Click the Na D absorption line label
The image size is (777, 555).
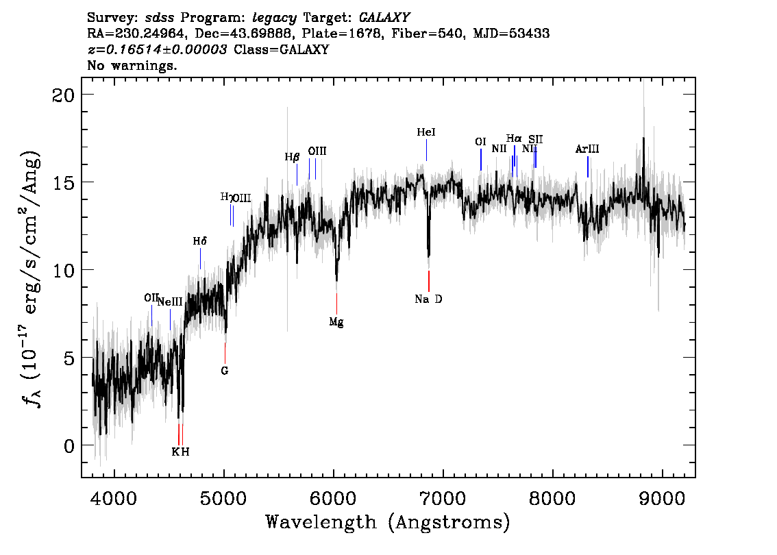(428, 299)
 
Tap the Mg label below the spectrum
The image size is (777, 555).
(336, 321)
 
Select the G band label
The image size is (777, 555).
(224, 371)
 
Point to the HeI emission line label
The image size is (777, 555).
(426, 132)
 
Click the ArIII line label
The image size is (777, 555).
(587, 149)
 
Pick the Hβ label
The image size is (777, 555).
(293, 157)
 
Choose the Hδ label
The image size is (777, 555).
(199, 241)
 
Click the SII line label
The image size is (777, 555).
(535, 139)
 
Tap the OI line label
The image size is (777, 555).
(480, 142)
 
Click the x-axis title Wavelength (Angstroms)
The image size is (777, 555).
(388, 523)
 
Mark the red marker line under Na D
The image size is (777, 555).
(429, 281)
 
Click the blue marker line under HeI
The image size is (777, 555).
(426, 150)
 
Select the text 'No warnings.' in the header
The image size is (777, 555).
(132, 66)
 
